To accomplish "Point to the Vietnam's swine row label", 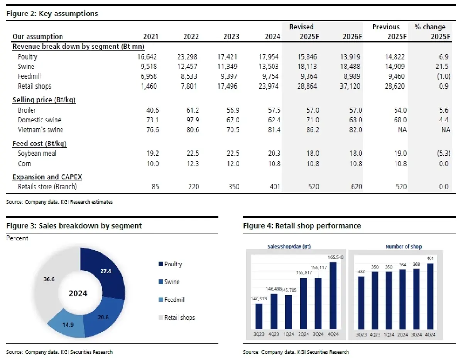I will point(40,130).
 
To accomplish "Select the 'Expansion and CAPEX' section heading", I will point(47,177).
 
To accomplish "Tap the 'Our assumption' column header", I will point(37,37).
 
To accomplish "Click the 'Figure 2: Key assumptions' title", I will point(52,14).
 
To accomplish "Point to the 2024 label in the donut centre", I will point(78,294).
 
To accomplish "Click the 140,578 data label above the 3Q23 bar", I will point(259,297).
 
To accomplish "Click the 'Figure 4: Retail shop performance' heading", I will point(302,226).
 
